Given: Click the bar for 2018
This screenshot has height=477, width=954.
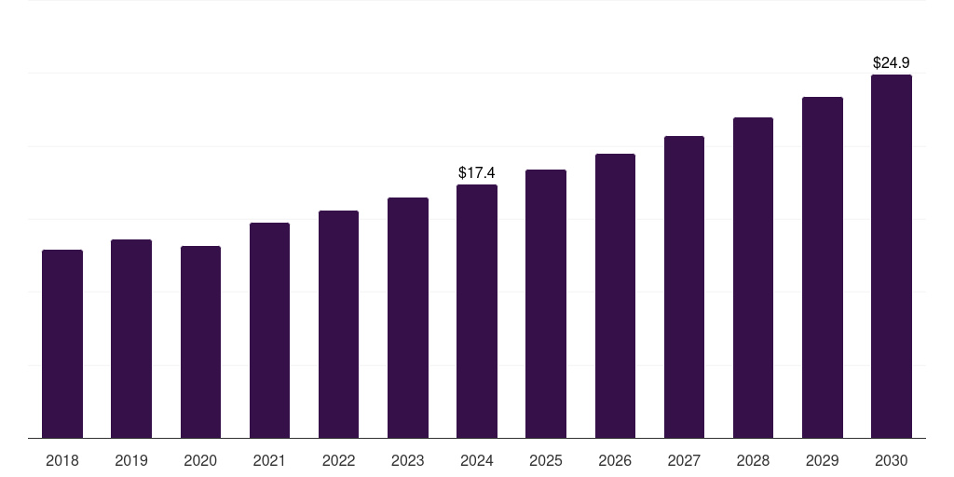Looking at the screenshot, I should point(62,344).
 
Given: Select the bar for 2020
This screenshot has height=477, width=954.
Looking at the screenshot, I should point(200,342).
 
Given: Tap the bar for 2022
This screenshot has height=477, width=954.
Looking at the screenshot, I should point(338,324).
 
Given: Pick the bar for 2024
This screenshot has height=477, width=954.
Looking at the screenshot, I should point(477,311).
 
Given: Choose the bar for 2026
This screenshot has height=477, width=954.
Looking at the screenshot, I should point(615,295).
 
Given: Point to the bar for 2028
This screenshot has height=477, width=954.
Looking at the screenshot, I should point(753,278).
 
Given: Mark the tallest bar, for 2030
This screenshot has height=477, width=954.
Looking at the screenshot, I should point(892,256).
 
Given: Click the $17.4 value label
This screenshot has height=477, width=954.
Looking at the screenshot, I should point(477,172).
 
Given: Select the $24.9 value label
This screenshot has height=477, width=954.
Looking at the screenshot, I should point(892,62).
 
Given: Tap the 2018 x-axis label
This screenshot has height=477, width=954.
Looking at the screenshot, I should point(62,460).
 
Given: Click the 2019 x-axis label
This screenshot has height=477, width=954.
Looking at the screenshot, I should point(131,460).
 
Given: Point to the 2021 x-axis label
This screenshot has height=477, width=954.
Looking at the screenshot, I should point(269,460).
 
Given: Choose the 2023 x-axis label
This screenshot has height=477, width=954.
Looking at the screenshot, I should point(408,460).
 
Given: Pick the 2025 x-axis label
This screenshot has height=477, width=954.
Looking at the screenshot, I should point(546,460).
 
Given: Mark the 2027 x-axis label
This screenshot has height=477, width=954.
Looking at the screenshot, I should point(684,460).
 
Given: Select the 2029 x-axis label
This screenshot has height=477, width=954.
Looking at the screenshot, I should point(823,460).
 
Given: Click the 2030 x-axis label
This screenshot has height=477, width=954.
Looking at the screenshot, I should point(892,460).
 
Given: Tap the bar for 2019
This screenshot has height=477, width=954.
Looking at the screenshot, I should point(131,338).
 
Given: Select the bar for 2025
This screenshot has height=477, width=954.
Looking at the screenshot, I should point(546,304).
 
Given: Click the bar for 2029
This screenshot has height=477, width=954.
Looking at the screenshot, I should point(823,267).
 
